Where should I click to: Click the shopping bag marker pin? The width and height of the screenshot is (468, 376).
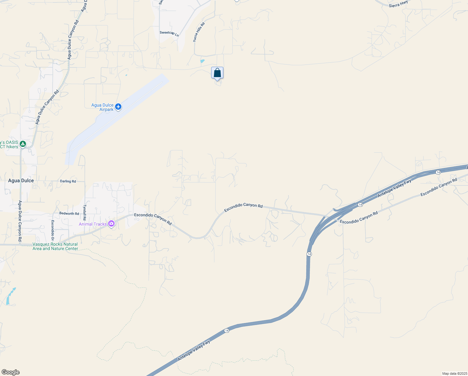[217, 73]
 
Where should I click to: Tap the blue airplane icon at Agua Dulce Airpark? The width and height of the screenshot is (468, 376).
[118, 107]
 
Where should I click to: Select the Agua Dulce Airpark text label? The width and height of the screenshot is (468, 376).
[102, 107]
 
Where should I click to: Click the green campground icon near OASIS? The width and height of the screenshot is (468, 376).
[23, 144]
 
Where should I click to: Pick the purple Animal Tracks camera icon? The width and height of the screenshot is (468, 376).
[111, 224]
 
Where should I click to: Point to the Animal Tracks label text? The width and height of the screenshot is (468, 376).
[93, 224]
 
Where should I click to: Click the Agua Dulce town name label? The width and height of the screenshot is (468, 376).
[21, 180]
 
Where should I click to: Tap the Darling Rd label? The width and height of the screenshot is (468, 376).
[68, 181]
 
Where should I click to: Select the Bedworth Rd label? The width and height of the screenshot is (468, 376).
[69, 213]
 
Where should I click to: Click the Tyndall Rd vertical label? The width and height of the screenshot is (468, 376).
[84, 212]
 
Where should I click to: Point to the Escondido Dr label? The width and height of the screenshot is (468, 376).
[53, 230]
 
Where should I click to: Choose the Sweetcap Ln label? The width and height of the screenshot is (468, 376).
[169, 33]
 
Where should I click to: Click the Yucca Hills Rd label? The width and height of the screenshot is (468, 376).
[199, 32]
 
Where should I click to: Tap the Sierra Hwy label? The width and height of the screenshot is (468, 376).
[398, 4]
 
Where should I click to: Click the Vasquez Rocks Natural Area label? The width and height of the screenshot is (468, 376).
[55, 246]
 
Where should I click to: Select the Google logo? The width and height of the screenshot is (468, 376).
[10, 372]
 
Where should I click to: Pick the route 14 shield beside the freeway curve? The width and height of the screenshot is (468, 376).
[309, 254]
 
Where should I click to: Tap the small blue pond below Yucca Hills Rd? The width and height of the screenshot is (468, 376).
[202, 61]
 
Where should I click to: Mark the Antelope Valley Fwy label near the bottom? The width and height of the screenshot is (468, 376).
[194, 350]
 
